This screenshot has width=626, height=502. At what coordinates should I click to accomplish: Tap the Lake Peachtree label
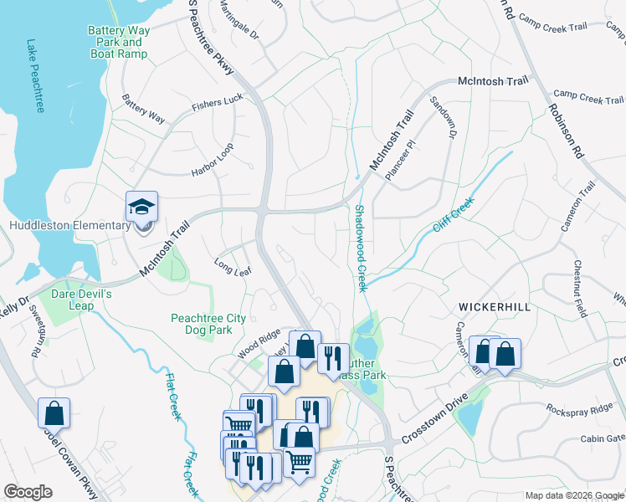tap(35, 75)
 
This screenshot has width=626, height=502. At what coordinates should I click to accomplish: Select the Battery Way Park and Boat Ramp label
tap(118, 43)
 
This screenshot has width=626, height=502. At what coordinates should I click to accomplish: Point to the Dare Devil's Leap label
tap(82, 300)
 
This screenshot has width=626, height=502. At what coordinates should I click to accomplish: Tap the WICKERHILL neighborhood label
tap(493, 308)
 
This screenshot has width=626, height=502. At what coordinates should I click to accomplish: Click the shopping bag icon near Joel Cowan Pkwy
tap(54, 413)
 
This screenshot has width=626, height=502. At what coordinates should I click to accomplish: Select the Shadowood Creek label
tap(361, 248)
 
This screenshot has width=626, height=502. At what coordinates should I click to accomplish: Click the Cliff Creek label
tap(454, 215)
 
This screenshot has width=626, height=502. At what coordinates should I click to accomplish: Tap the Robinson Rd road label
tap(566, 131)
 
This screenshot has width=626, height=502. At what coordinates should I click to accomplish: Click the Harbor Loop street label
tap(213, 159)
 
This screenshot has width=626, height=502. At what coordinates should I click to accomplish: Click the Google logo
tap(28, 492)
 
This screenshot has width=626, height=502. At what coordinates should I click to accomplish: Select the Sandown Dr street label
tap(444, 117)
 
